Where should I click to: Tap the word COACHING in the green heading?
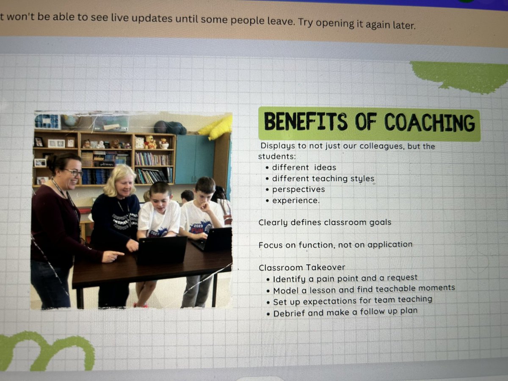tap(429, 123)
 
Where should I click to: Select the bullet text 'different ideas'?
tap(304, 168)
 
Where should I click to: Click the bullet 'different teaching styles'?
tap(323, 179)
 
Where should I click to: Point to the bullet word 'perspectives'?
tap(298, 189)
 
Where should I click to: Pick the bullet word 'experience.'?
tap(295, 200)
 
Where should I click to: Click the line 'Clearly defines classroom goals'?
tap(325, 222)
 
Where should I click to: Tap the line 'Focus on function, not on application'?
tap(335, 245)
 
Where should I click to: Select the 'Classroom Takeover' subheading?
tap(302, 267)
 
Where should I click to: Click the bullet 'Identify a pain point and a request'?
tap(345, 279)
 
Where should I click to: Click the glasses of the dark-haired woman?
tap(74, 172)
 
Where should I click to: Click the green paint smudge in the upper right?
tap(461, 76)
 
